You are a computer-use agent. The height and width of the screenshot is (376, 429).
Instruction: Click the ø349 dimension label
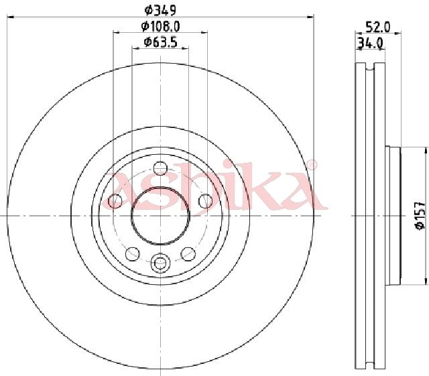coord(160,11)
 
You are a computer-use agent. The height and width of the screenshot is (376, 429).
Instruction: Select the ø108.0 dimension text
coord(160,27)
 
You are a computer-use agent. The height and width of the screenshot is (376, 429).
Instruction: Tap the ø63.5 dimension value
coord(160,42)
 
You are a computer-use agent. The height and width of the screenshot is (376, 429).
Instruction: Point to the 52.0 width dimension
coord(377,27)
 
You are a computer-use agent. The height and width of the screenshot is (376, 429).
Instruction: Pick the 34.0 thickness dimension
coord(370,43)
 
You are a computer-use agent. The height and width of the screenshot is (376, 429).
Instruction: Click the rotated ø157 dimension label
coord(420,215)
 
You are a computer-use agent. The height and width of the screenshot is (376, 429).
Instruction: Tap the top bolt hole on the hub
coord(160,168)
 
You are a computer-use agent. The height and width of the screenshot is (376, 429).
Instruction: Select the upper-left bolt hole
coord(115,201)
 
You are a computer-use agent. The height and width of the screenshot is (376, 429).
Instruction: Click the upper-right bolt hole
coord(206,201)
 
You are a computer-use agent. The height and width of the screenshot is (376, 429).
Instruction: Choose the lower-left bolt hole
coord(133,253)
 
